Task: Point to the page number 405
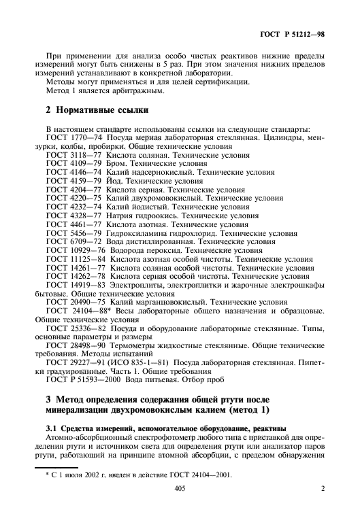[180, 506]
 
